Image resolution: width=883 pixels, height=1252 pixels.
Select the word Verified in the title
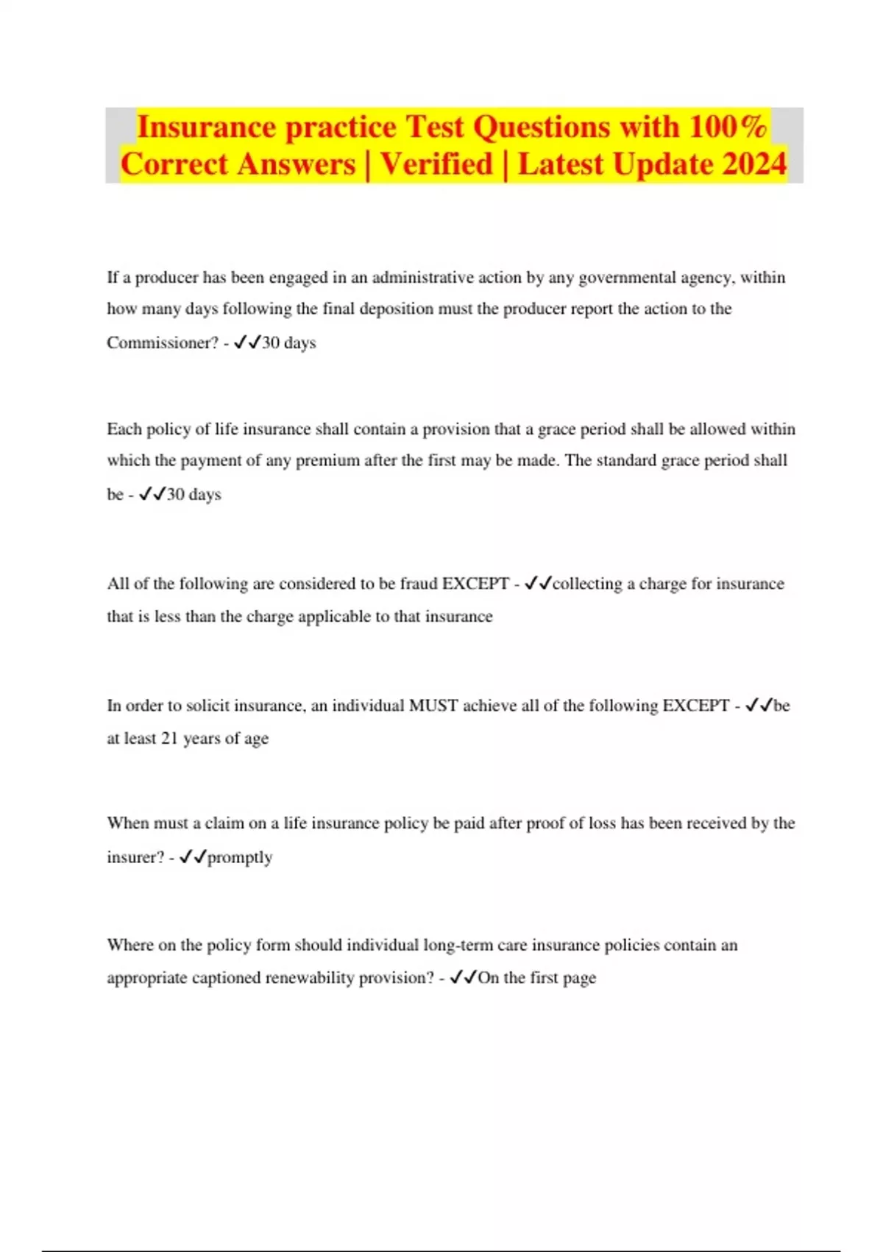coord(436,163)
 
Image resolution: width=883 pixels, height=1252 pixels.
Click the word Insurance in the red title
coord(207,127)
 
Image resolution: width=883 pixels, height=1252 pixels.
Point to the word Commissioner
coord(163,342)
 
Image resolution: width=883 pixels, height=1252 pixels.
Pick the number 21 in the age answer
coord(169,739)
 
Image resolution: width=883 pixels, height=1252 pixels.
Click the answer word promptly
coord(240,857)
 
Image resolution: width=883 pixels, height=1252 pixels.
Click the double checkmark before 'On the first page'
coord(463,978)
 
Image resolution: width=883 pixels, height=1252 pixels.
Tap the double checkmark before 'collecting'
coord(538,584)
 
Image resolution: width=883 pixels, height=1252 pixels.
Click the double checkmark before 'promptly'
coord(193,857)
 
